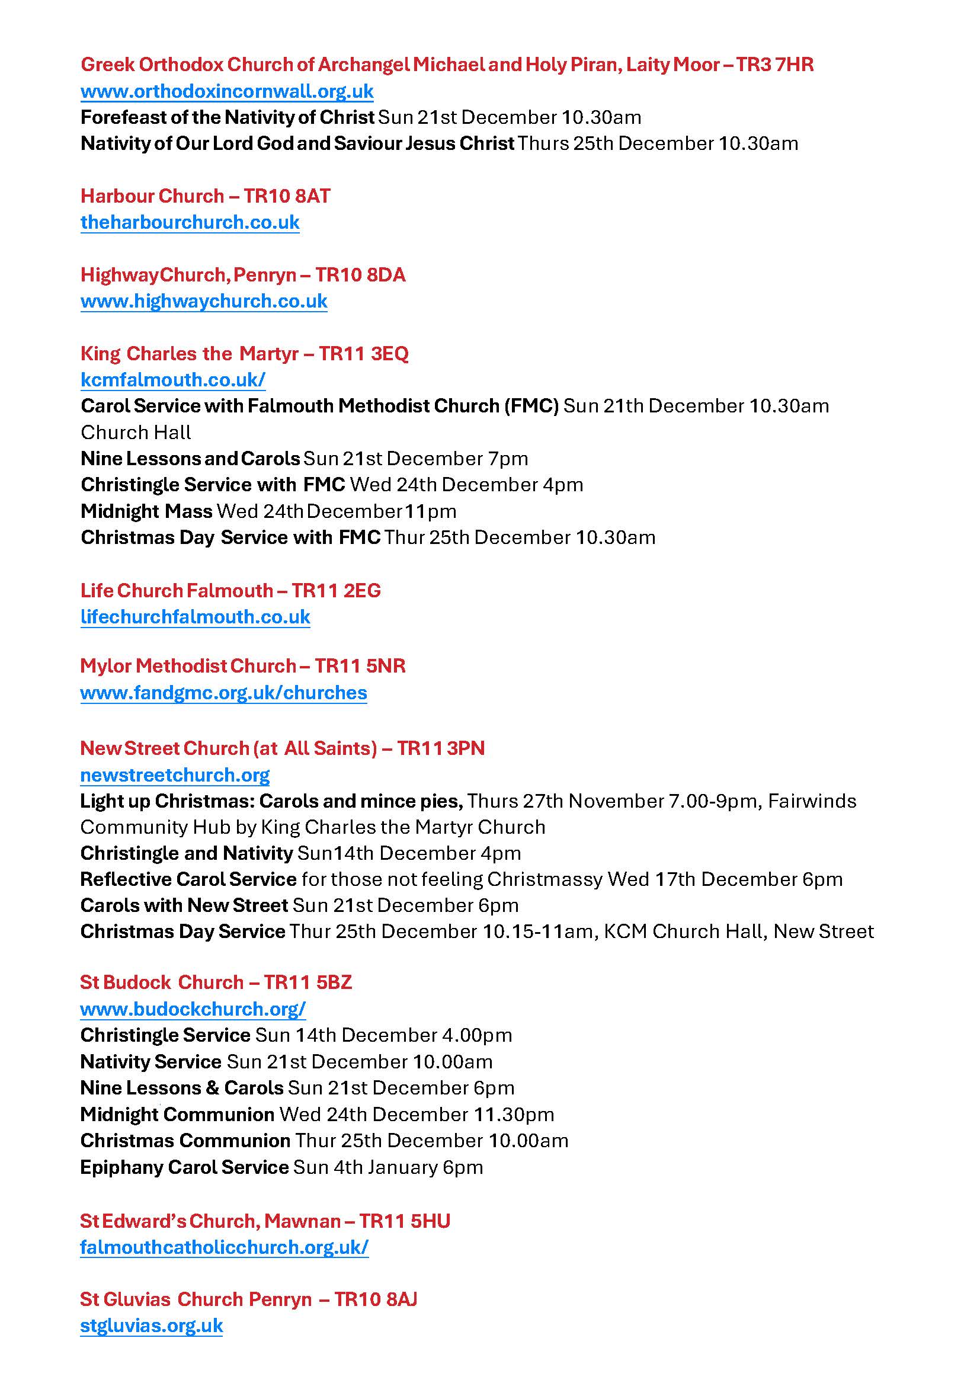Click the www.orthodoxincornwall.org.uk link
pyautogui.click(x=227, y=91)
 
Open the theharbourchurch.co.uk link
pyautogui.click(x=190, y=222)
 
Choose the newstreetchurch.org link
pyautogui.click(x=175, y=774)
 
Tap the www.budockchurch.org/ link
pyautogui.click(x=193, y=1009)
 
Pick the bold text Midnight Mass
pyautogui.click(x=146, y=511)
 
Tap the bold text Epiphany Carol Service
pyautogui.click(x=184, y=1167)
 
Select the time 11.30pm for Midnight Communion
pyautogui.click(x=514, y=1115)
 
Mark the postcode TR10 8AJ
pyautogui.click(x=375, y=1299)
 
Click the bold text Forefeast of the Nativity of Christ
pyautogui.click(x=228, y=117)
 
